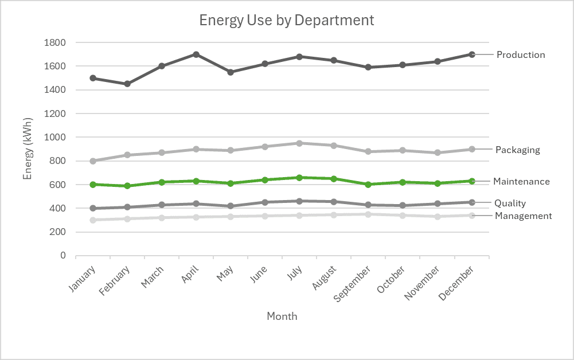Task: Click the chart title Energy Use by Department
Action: coord(286,20)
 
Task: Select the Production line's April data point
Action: coord(196,54)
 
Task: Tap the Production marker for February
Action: coord(127,84)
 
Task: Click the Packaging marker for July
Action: coord(299,143)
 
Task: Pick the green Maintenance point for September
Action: coord(368,185)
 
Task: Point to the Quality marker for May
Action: coord(231,206)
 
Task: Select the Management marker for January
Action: coord(93,220)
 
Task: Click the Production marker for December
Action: coord(472,54)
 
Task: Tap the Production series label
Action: coord(520,55)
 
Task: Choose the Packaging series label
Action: coord(518,150)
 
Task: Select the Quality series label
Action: coord(510,204)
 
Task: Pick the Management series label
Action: coord(523,216)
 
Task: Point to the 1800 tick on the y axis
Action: coord(55,42)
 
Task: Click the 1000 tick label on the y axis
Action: coord(55,138)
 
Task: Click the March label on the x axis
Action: coord(153,277)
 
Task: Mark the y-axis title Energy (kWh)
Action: coord(28,149)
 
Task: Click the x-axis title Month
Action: coord(282,316)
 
